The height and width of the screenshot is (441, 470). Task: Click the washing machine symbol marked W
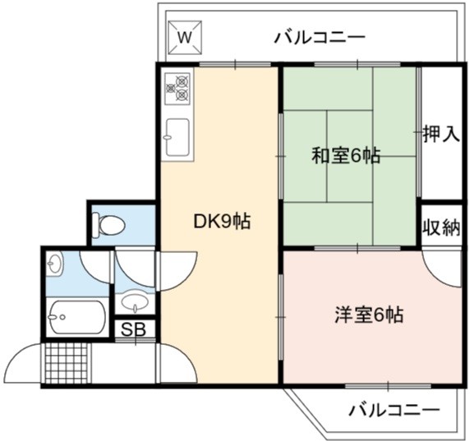point(185,38)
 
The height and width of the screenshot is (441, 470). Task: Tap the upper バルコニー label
point(320,38)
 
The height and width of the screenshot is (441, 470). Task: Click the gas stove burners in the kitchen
point(177,89)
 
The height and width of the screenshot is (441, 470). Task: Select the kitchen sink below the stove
point(177,137)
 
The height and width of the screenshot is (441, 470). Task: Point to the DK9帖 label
point(222,222)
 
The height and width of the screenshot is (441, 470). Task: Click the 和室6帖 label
point(346,155)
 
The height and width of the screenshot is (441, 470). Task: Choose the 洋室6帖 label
point(369,315)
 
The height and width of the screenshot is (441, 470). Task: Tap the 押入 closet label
point(441,133)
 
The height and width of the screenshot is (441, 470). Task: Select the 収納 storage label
point(441,228)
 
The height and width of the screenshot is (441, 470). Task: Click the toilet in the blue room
point(108,224)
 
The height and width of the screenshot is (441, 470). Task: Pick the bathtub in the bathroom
point(77,317)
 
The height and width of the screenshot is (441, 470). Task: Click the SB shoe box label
point(133,329)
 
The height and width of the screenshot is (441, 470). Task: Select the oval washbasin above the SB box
point(135,301)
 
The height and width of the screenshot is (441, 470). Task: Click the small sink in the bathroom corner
point(54,263)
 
